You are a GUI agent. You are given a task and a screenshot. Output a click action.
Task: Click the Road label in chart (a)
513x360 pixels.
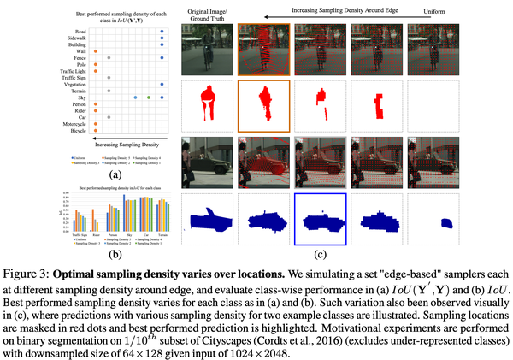[x=78, y=31]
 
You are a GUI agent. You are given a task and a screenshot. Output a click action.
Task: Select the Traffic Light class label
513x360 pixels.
[x=72, y=70]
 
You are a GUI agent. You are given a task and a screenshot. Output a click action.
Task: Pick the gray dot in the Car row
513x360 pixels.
[x=109, y=117]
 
